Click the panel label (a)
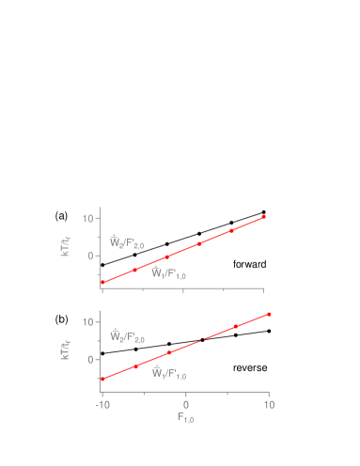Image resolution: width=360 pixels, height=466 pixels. [61, 216]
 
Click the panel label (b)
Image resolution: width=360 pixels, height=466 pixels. [61, 319]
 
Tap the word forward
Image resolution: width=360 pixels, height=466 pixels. [250, 265]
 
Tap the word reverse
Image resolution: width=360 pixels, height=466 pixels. [250, 367]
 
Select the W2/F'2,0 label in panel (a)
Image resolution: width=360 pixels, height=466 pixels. [127, 243]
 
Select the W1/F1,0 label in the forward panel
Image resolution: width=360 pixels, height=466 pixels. [169, 273]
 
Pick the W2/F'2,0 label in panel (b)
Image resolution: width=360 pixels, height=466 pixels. [127, 336]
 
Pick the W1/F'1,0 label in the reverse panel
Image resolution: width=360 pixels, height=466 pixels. [169, 373]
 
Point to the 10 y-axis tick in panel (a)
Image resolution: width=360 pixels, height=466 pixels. [87, 218]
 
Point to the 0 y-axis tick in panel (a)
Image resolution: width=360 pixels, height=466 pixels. [91, 255]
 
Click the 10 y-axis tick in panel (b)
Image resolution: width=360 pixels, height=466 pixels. [87, 321]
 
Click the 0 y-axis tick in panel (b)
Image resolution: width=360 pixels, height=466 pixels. [91, 359]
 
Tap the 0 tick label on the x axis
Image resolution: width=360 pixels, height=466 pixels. [186, 404]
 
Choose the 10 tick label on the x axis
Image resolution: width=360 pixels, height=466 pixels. [269, 404]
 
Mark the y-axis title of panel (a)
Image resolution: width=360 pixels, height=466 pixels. [66, 247]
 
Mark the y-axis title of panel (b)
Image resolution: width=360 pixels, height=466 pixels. [66, 349]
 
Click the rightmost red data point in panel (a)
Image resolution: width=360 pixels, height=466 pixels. [263, 217]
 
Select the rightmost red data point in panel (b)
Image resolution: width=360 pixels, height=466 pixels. [269, 314]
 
